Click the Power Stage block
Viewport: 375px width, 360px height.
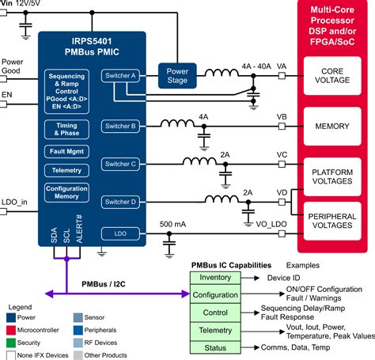click(x=177, y=76)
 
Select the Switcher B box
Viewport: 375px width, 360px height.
click(x=120, y=127)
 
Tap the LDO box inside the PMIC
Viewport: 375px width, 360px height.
click(x=120, y=233)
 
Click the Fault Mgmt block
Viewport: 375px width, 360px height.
click(x=66, y=151)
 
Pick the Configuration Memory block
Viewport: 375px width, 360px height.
click(x=66, y=192)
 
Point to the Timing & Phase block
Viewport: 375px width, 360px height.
click(x=66, y=129)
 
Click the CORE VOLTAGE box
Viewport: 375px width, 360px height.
click(x=332, y=76)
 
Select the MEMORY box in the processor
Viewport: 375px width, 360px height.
click(x=332, y=126)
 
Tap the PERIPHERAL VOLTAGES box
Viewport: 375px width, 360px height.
click(x=332, y=221)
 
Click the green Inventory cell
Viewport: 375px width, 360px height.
click(x=215, y=278)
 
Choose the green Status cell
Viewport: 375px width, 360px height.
click(x=215, y=347)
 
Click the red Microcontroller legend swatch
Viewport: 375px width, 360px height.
click(x=11, y=330)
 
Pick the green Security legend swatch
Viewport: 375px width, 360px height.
click(x=11, y=343)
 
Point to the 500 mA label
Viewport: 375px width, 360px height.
click(x=172, y=224)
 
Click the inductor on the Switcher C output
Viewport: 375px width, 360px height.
click(x=199, y=161)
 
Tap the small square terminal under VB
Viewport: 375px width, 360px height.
click(x=282, y=127)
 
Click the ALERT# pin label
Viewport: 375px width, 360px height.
click(x=79, y=229)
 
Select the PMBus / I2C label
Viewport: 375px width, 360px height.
click(x=104, y=284)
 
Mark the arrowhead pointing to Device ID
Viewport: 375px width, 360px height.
click(x=256, y=278)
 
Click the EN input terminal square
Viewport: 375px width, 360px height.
click(x=3, y=104)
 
